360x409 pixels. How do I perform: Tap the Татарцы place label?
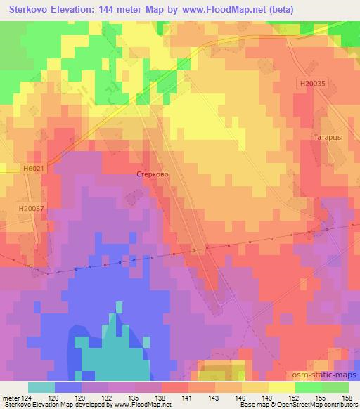point(328,137)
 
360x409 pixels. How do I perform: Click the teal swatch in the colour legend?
point(41,387)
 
